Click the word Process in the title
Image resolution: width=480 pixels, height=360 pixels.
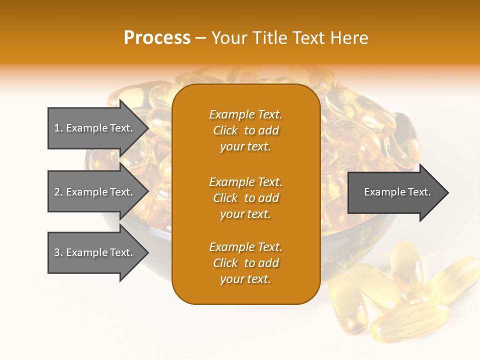coord(157,38)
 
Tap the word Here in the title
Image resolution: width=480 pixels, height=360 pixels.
coord(349,38)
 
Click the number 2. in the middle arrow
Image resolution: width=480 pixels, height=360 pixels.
coord(58,192)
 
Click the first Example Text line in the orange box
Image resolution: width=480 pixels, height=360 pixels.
coord(245,114)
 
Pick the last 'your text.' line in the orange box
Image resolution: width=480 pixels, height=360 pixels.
coord(245,279)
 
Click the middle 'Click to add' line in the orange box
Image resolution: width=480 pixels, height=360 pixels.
coord(245,198)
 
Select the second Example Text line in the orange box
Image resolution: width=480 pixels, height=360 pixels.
coord(245,182)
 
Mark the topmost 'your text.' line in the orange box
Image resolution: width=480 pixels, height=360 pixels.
coord(245,146)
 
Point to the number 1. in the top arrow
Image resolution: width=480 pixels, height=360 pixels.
coord(58,128)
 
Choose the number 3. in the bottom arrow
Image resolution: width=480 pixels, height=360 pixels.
coord(58,252)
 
